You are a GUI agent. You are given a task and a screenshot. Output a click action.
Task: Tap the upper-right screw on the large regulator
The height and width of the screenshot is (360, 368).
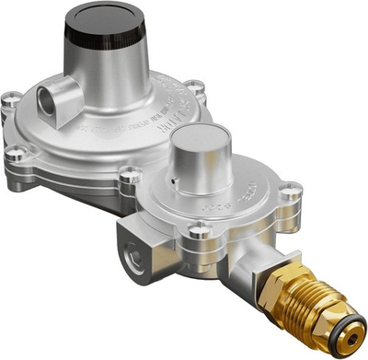pyautogui.click(x=194, y=87)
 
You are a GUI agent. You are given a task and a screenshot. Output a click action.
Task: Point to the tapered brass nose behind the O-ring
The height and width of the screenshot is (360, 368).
pyautogui.click(x=333, y=318)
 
